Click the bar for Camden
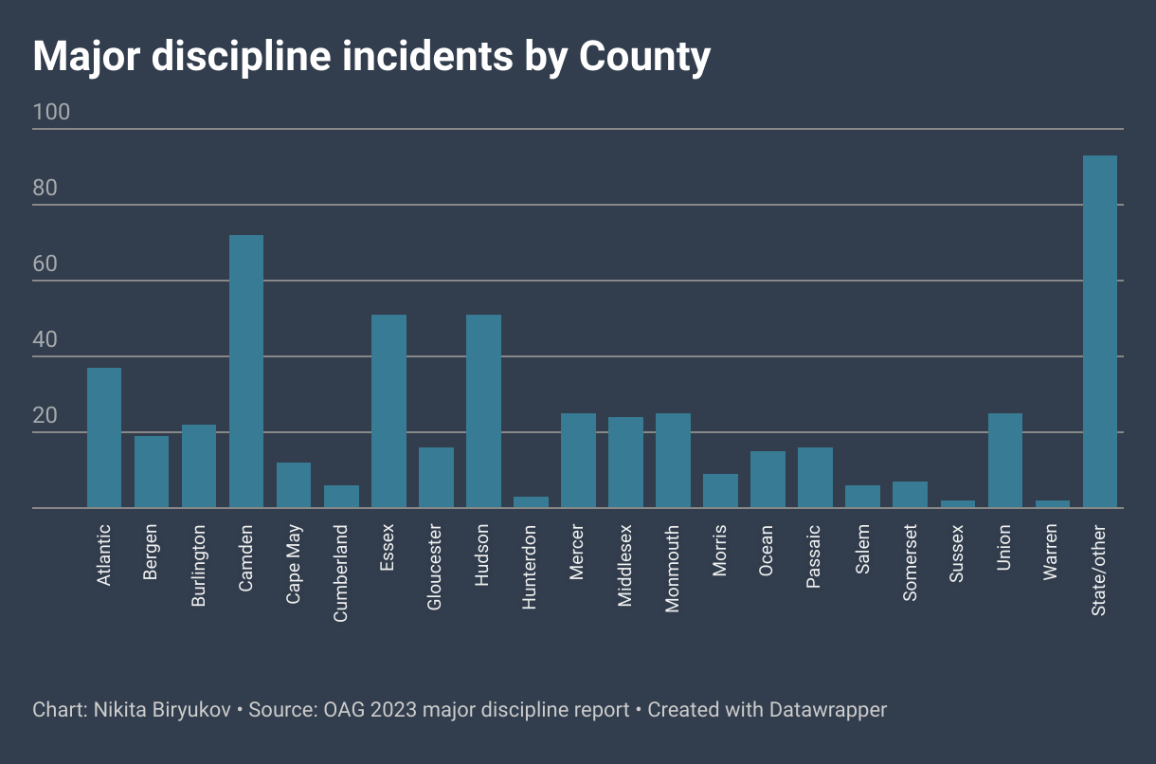point(246,372)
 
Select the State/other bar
point(1099,332)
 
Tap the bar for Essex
point(388,411)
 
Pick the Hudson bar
point(483,411)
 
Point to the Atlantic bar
point(104,438)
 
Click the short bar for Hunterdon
point(531,502)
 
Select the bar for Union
point(1004,461)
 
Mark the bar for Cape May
point(294,485)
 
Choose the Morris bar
point(720,491)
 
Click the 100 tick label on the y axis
point(51,113)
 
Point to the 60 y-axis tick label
point(45,264)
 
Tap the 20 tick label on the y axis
point(45,416)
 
